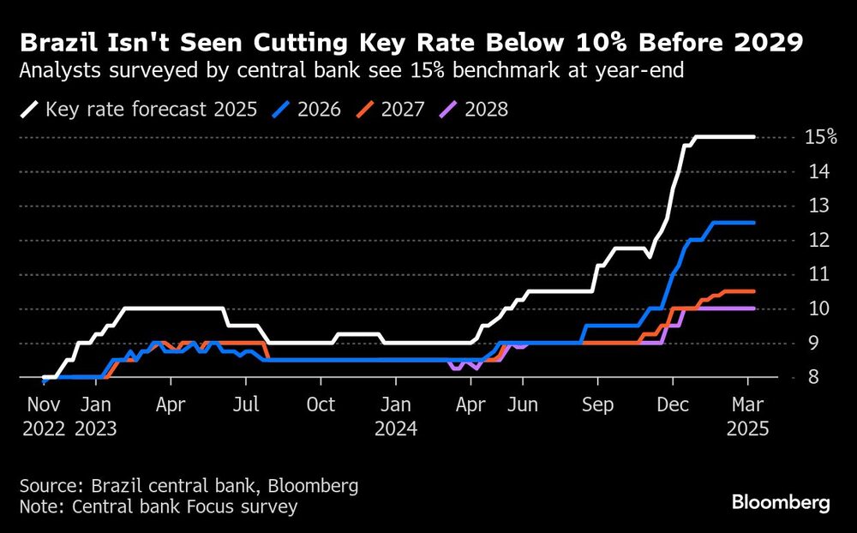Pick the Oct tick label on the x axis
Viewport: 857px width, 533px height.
[321, 404]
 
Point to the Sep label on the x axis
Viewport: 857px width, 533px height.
[597, 404]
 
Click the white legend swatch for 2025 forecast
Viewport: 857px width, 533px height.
[30, 110]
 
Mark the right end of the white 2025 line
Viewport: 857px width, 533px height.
[753, 137]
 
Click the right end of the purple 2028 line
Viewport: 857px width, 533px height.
[753, 308]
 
